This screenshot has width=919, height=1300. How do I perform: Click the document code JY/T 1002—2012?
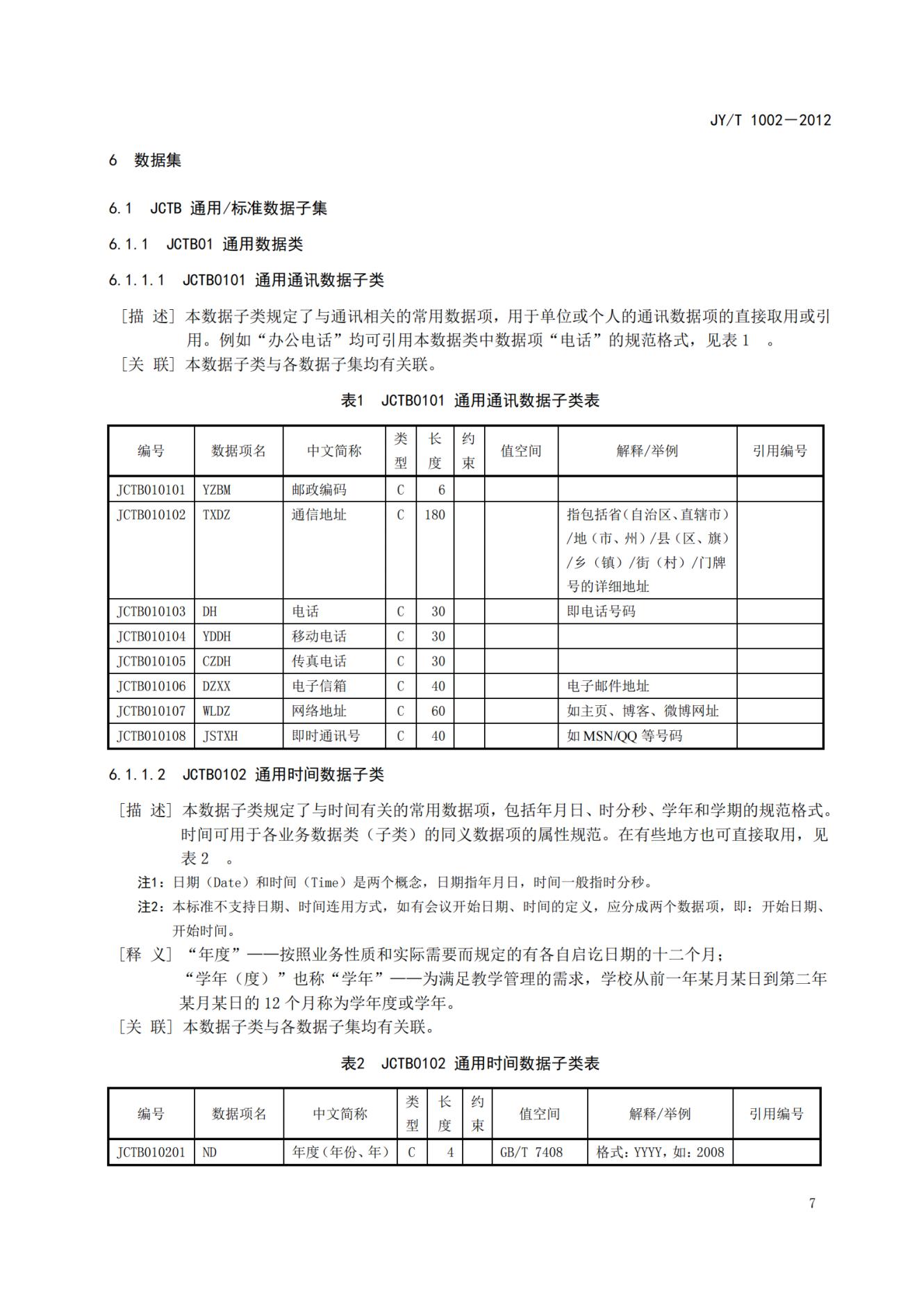(x=770, y=120)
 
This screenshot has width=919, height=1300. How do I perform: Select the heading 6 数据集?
(x=144, y=161)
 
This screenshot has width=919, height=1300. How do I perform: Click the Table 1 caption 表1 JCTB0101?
(x=470, y=401)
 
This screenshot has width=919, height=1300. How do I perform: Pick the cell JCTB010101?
(x=151, y=490)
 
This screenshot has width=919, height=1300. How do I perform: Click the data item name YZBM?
(x=217, y=490)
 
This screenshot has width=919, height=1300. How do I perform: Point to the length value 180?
(x=435, y=515)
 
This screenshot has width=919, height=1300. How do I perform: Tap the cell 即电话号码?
(x=601, y=611)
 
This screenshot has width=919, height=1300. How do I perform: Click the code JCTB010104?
(x=151, y=636)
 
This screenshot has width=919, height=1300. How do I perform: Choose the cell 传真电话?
(x=319, y=661)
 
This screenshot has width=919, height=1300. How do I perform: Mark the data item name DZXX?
(x=217, y=686)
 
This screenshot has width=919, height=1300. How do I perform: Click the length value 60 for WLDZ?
(x=438, y=711)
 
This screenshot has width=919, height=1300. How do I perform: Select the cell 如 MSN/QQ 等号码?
(x=624, y=736)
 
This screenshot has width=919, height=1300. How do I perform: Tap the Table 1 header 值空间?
(x=521, y=451)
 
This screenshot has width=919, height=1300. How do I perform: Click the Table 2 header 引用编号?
(x=776, y=1114)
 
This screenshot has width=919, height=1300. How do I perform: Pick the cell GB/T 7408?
(x=531, y=1153)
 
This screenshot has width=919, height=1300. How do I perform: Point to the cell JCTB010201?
(x=151, y=1153)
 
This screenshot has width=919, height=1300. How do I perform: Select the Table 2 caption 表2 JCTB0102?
(x=470, y=1064)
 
